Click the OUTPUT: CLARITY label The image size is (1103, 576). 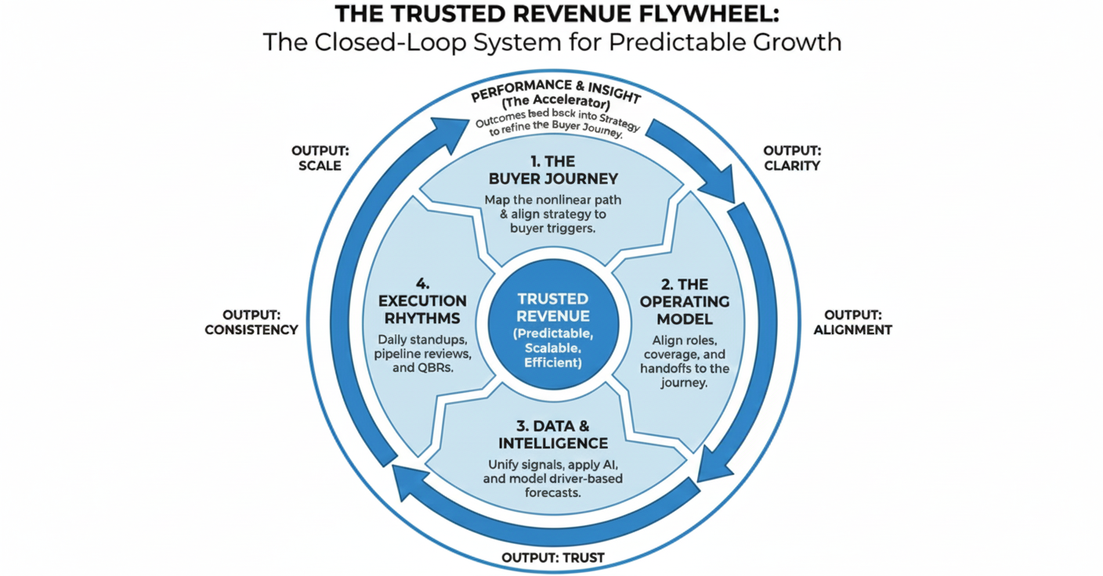point(792,158)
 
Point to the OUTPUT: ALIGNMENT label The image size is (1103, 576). point(852,322)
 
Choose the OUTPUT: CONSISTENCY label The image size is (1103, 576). point(251,322)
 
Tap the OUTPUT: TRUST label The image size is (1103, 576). point(553,558)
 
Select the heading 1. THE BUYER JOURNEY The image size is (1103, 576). point(553,170)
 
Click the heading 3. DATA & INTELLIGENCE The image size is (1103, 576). point(553,435)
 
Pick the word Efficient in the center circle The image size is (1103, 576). point(553,363)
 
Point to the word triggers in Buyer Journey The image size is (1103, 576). point(573,229)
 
